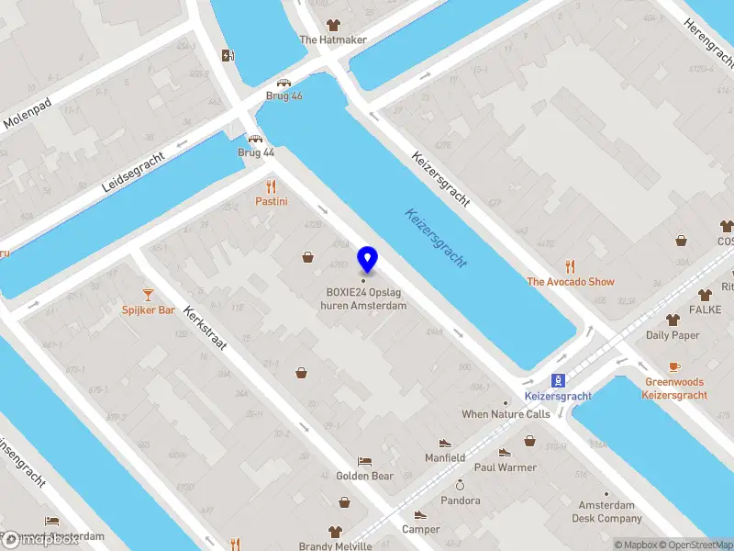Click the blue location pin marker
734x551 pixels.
coord(368,260)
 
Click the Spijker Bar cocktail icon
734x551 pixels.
coord(149,295)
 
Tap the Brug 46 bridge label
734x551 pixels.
coord(284,96)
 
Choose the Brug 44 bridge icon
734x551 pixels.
coord(256,139)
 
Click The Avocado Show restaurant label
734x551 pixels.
coord(570,282)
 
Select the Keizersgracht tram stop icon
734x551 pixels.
coord(557,380)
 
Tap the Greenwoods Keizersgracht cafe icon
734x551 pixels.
coord(674,366)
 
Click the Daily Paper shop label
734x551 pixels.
coord(673,335)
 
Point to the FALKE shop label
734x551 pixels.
coord(705,310)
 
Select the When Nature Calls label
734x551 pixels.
coord(506,414)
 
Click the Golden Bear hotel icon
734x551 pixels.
coord(364,461)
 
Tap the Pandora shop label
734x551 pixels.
coord(460,500)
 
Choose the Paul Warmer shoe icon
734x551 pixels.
coord(505,452)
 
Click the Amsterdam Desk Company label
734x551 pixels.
coord(606,512)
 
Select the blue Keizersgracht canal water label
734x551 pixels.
coord(437,238)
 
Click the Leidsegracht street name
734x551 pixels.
coord(133,172)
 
